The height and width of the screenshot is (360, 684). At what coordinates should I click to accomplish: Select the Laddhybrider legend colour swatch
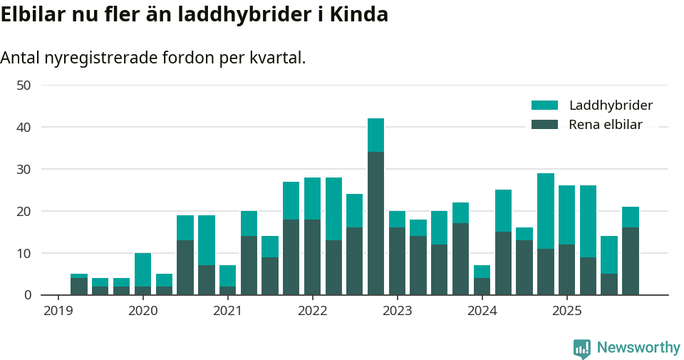544,106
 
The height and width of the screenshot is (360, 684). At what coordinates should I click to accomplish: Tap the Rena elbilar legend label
605,125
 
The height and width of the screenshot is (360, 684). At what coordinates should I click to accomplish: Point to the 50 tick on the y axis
24,86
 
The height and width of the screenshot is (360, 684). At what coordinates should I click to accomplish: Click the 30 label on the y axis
24,170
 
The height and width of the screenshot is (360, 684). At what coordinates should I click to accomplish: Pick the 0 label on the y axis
27,295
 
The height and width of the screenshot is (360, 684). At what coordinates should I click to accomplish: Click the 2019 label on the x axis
58,311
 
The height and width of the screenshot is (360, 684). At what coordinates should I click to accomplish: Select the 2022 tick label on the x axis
312,311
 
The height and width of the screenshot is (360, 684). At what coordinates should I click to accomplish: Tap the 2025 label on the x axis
566,311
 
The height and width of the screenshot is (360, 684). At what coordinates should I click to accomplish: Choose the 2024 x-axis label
482,311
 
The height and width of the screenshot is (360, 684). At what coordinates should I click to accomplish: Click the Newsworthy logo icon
581,348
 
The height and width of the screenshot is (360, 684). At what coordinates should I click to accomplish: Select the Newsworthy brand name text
638,348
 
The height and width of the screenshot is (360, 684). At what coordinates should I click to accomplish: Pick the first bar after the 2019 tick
79,284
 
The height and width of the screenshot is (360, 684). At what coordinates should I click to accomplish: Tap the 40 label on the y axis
24,128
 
